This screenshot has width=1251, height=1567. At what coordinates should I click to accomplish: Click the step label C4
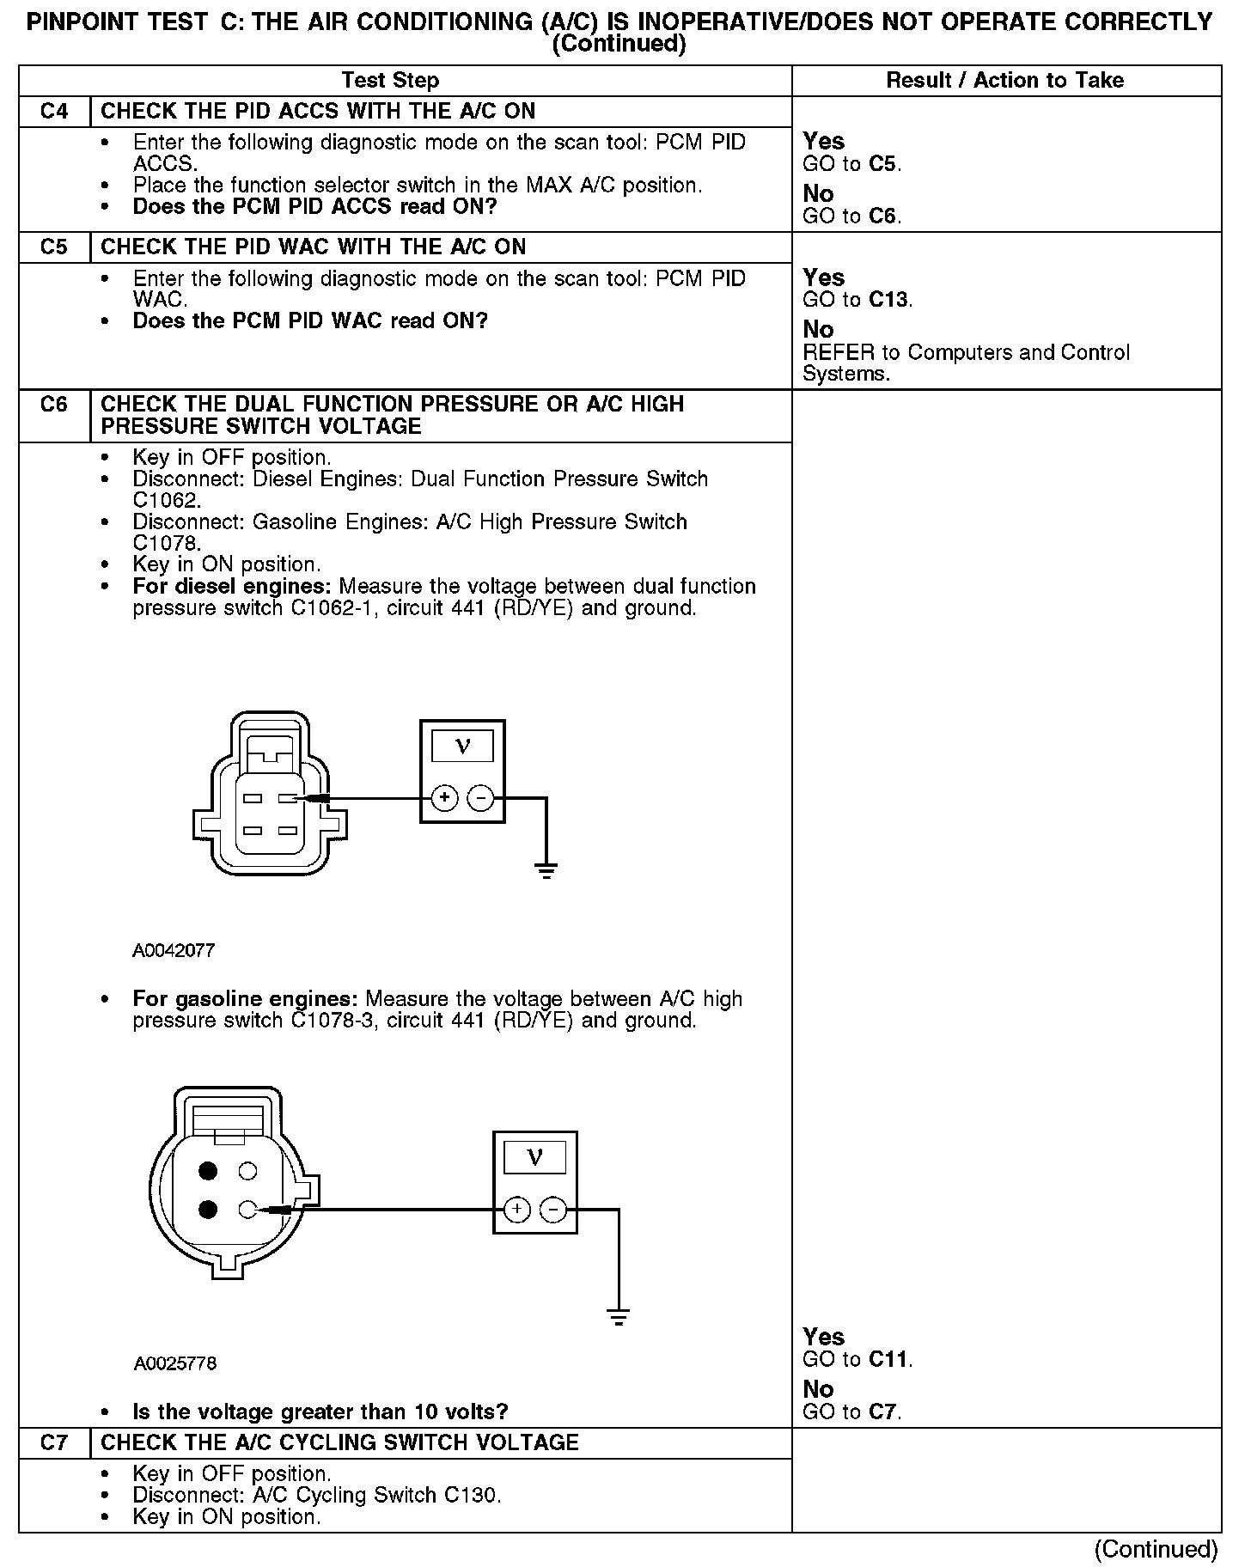53,112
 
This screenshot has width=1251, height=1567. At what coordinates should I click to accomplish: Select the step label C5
53,247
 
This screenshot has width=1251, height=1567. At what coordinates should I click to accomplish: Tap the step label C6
53,405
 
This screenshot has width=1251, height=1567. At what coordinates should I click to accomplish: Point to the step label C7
53,1442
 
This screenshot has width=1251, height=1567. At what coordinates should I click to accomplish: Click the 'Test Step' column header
390,81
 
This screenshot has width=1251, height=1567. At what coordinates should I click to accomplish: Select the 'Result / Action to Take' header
1004,81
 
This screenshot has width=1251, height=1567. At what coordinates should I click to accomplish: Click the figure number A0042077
174,951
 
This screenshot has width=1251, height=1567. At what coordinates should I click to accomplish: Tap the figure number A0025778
175,1363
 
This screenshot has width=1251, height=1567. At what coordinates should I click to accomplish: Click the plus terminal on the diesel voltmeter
444,798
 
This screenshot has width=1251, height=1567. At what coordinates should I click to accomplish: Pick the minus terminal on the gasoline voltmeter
552,1210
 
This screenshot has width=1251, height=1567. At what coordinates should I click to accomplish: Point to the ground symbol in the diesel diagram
546,870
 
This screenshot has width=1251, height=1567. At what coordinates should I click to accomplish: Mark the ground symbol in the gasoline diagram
619,1317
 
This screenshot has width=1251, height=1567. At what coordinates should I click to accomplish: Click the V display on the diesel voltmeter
462,746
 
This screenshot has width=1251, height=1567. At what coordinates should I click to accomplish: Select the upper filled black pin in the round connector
207,1171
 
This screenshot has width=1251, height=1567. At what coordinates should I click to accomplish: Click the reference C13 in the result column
888,300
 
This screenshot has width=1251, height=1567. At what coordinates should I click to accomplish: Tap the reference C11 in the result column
888,1359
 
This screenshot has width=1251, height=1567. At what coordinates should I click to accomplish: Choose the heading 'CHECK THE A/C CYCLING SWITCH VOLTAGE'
339,1442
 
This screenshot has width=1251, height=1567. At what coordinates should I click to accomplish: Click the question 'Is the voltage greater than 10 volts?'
320,1412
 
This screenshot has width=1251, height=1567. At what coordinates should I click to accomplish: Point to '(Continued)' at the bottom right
1156,1549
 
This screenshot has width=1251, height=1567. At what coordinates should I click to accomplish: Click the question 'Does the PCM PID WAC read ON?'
310,321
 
